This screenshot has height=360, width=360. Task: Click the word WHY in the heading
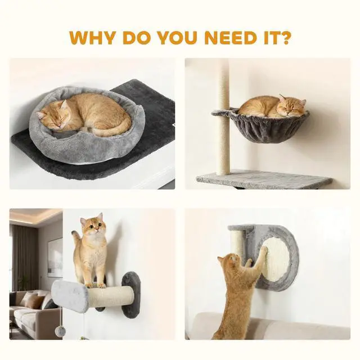(x=92, y=37)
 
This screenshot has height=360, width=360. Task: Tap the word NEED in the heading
(x=230, y=37)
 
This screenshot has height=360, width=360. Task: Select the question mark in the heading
(x=284, y=37)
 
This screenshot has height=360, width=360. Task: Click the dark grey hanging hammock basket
(x=262, y=125)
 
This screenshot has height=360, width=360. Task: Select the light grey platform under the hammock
(x=264, y=179)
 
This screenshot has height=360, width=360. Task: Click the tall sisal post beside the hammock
(x=224, y=117)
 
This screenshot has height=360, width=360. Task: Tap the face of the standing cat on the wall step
(x=92, y=225)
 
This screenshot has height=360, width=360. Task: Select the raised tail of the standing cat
(x=76, y=238)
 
